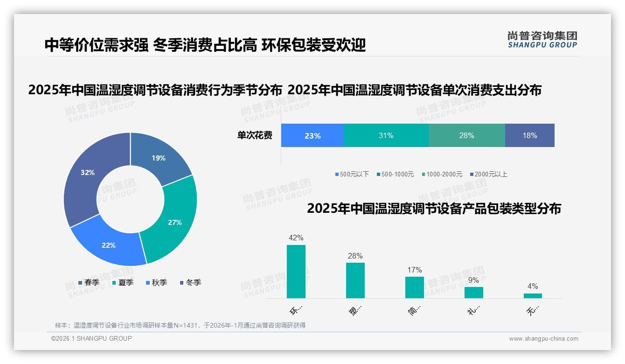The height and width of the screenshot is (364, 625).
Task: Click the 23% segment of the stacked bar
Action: (312, 136)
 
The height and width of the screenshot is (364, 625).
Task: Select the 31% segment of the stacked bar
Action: (386, 136)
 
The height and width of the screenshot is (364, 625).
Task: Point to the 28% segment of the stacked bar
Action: (466, 136)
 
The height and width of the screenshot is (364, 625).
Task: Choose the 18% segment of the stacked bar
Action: (529, 136)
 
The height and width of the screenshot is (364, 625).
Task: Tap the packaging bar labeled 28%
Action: (355, 280)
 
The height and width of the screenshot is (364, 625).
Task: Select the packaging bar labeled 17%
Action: (415, 287)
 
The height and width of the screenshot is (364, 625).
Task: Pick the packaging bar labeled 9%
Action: (474, 293)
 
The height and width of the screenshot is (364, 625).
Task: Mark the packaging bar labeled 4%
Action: (533, 296)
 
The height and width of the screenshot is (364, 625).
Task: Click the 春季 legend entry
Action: (89, 283)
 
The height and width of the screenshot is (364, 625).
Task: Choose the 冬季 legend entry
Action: (190, 283)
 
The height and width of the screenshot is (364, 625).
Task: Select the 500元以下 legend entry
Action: (352, 175)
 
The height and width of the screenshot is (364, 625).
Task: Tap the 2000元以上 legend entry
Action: (489, 175)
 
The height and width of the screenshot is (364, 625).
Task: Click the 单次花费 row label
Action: (255, 136)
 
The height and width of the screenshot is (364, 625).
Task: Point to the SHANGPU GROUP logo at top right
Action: (542, 39)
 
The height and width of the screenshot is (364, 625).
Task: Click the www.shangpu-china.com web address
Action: (543, 339)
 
